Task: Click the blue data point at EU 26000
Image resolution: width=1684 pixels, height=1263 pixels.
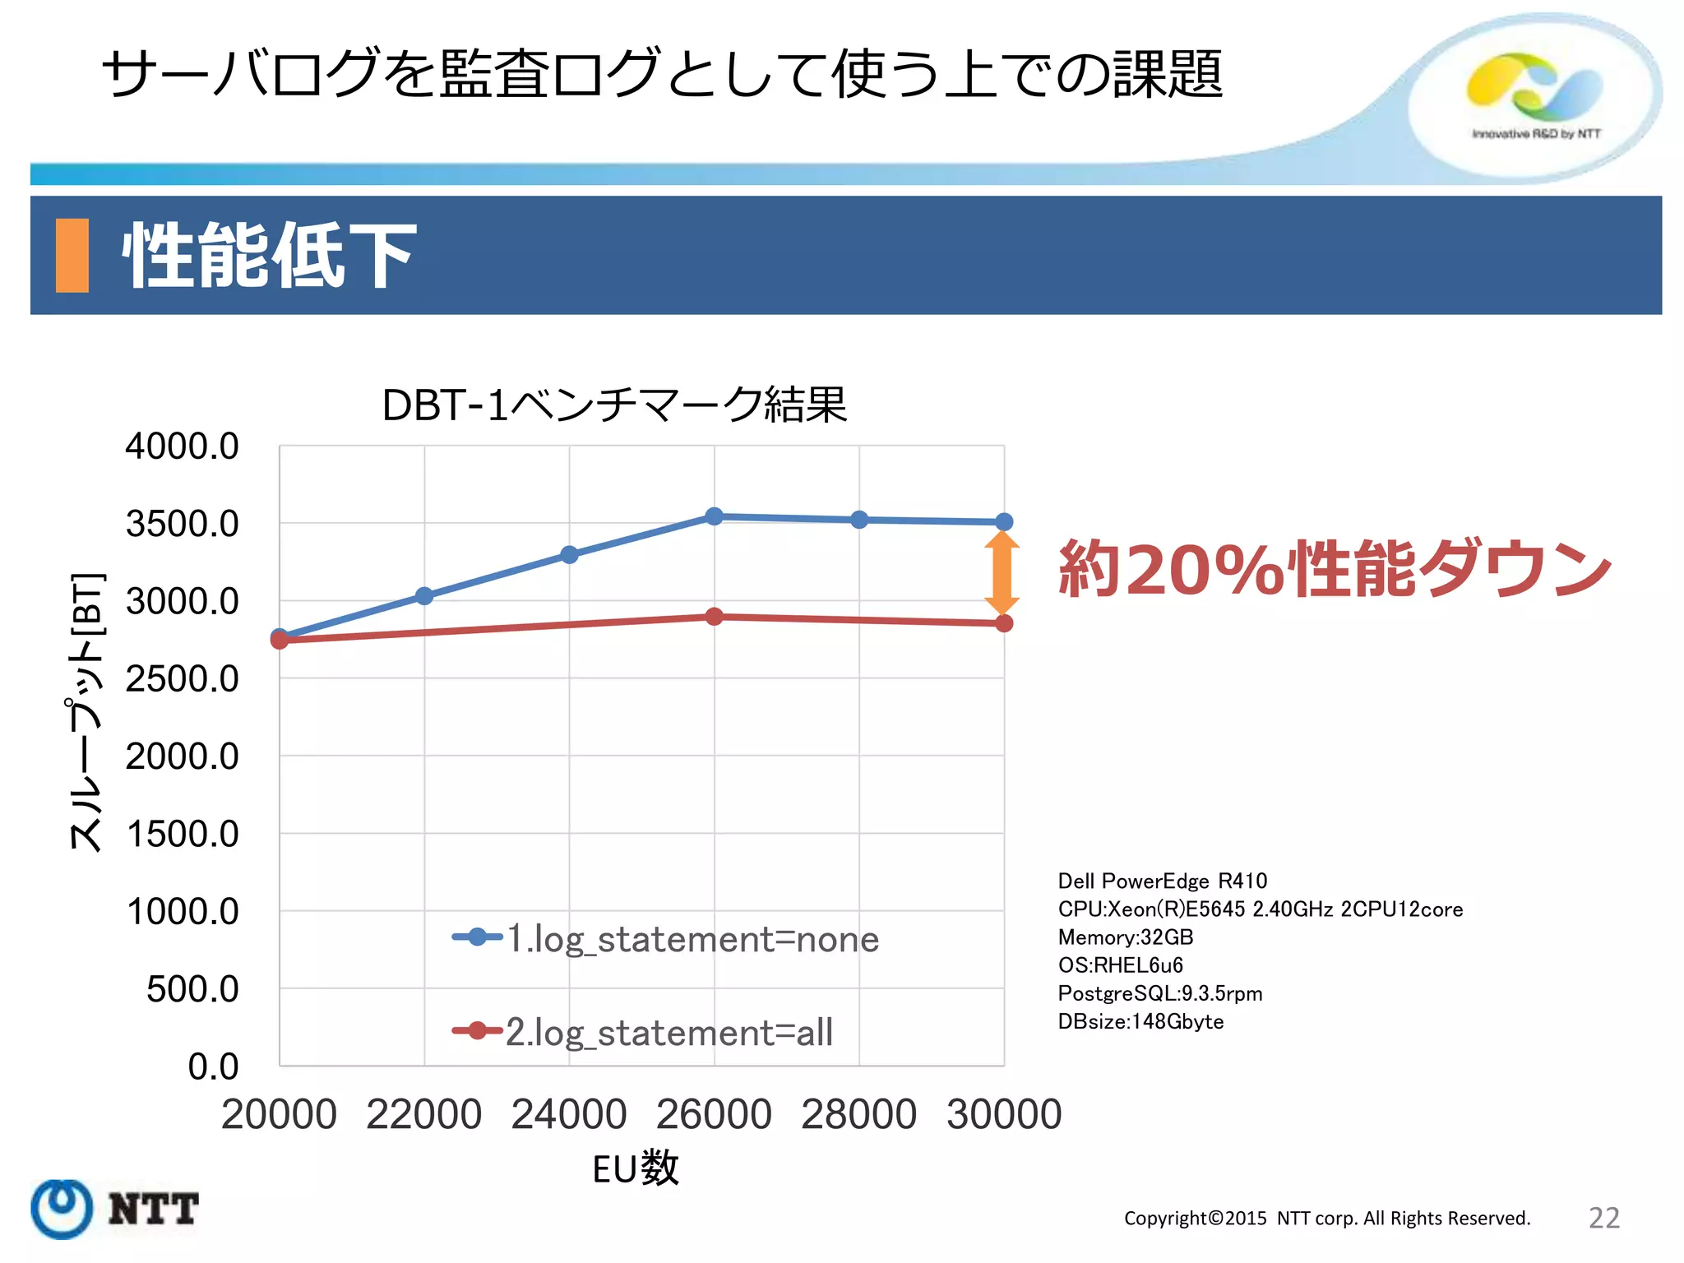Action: pos(714,516)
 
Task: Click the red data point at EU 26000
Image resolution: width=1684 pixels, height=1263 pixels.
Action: pos(714,617)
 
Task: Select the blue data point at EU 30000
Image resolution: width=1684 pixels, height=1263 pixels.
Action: pos(1004,522)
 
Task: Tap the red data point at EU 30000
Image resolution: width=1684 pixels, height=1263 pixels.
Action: pos(1004,623)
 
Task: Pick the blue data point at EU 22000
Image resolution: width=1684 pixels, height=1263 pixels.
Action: pos(424,596)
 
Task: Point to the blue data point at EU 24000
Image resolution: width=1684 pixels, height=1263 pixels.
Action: pos(569,555)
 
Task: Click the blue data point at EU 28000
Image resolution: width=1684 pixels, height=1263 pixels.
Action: pos(859,520)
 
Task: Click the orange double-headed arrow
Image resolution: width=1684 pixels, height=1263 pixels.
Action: pos(1002,573)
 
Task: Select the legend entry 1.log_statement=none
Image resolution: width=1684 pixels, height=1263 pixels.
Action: pos(666,938)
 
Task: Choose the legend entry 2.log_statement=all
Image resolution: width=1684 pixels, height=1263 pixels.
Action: pos(643,1032)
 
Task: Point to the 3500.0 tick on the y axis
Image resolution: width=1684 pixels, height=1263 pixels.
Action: pos(182,524)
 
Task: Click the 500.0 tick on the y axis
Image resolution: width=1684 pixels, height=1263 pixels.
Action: pos(192,989)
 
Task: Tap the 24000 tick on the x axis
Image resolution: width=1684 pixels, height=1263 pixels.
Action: pos(569,1114)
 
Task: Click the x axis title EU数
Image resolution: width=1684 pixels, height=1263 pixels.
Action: pos(636,1168)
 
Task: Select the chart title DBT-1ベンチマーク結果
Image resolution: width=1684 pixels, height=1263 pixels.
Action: pos(614,405)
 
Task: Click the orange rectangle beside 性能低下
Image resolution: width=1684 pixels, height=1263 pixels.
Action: pos(72,256)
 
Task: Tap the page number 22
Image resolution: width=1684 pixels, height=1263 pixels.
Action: pos(1603,1218)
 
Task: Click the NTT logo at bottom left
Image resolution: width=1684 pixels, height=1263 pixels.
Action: pos(115,1209)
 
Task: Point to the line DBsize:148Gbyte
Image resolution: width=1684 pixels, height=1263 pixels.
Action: pos(1140,1022)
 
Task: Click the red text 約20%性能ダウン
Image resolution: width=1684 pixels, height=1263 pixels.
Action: pos(1334,569)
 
